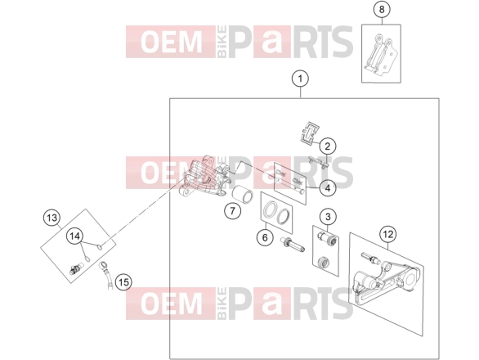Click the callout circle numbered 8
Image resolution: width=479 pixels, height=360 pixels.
tap(382, 10)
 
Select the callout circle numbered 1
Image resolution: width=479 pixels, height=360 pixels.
tap(300, 79)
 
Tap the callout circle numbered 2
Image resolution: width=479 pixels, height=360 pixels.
tap(328, 146)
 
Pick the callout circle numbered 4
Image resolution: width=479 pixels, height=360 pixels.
tap(328, 188)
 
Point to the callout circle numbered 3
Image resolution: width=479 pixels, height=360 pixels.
tap(328, 217)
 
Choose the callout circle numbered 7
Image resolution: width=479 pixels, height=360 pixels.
tap(232, 211)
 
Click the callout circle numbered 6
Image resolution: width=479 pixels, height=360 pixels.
tap(265, 237)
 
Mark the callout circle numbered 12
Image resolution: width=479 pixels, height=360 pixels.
tap(388, 235)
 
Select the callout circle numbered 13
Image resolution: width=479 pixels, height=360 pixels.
tap(51, 218)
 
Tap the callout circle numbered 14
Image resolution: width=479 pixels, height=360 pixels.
tap(75, 236)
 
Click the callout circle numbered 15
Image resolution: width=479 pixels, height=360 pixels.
tap(123, 282)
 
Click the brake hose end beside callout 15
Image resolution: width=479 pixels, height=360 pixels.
tap(106, 274)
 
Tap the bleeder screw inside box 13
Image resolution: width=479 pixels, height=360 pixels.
tap(76, 268)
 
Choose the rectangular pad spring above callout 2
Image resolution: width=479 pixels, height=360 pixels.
tap(310, 133)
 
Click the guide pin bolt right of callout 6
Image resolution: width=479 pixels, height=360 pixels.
tap(293, 245)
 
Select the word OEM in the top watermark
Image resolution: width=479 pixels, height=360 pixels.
tap(172, 42)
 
